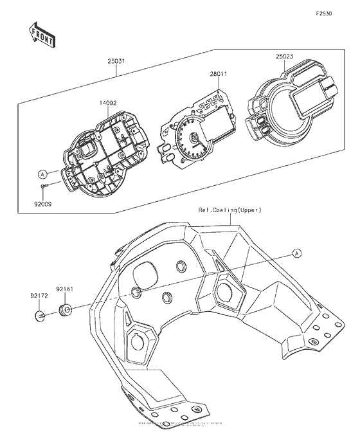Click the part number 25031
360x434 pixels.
click(x=116, y=63)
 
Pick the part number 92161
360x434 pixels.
click(x=64, y=290)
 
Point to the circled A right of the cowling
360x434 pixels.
click(x=298, y=253)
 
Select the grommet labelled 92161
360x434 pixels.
click(x=65, y=311)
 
